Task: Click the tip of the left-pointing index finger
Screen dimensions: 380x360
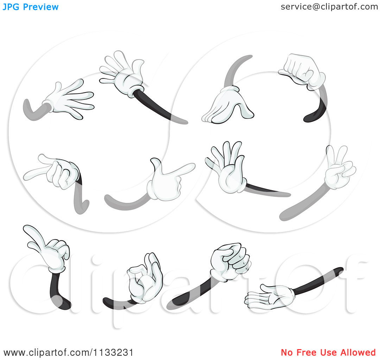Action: point(25,178)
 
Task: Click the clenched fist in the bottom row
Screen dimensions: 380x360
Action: point(230,262)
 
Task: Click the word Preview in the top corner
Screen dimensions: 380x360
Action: point(41,7)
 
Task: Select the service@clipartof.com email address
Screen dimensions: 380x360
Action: point(329,7)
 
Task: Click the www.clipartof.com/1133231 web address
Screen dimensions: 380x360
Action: point(68,353)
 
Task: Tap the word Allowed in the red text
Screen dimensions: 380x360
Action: point(358,352)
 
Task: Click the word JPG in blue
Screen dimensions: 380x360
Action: point(11,7)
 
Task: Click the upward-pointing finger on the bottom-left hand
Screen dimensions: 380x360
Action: point(33,234)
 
